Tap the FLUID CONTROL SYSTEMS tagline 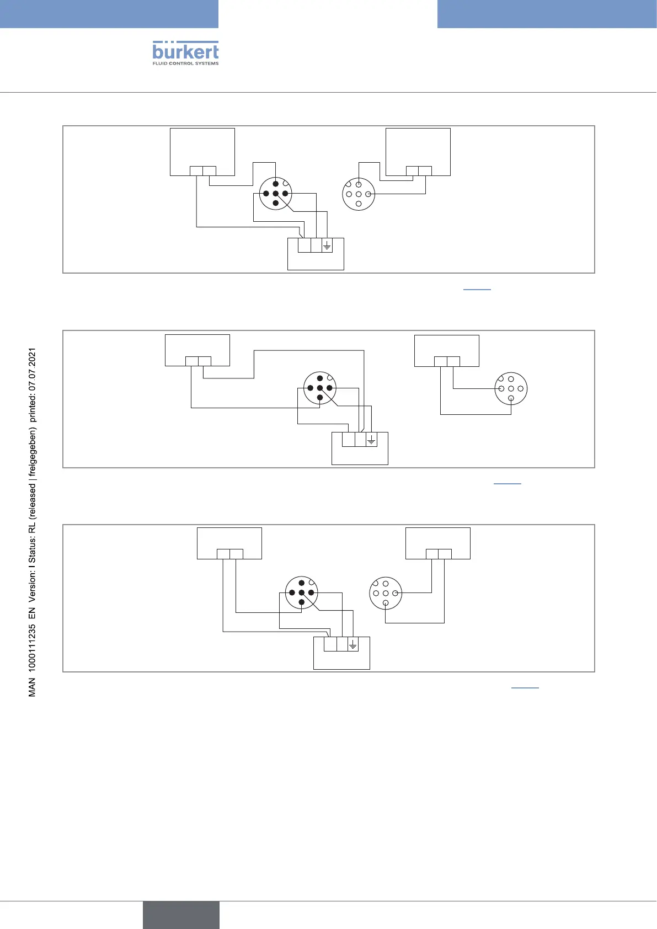click(x=185, y=63)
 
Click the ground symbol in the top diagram click(x=327, y=245)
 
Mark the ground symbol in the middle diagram click(x=371, y=440)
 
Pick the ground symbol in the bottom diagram click(x=353, y=644)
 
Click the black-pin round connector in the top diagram click(x=275, y=194)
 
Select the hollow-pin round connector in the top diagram click(x=359, y=194)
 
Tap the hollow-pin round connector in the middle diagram click(x=511, y=389)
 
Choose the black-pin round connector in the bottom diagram click(x=302, y=592)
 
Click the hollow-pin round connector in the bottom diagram click(x=386, y=593)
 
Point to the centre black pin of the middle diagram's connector click(x=320, y=388)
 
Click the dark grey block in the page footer click(x=181, y=915)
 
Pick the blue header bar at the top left click(x=109, y=14)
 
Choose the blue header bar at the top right click(x=547, y=14)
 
